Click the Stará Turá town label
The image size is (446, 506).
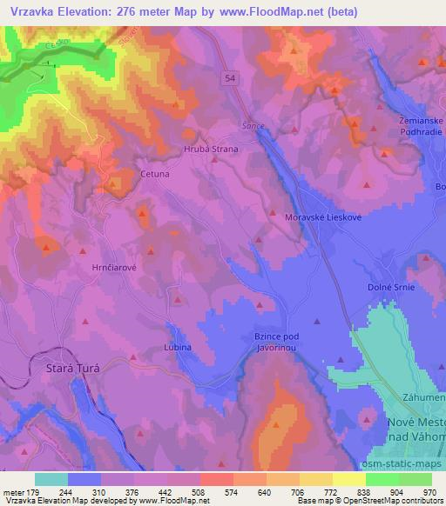click(73, 369)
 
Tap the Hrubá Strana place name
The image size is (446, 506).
click(210, 149)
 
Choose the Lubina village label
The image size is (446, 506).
click(177, 346)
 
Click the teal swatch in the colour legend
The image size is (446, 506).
click(52, 479)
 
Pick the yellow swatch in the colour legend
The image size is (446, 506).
click(349, 479)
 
